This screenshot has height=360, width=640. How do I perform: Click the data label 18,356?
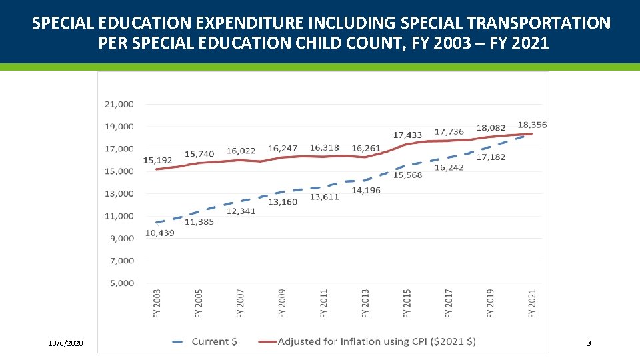click(x=532, y=125)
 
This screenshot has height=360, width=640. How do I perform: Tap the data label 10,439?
click(x=159, y=233)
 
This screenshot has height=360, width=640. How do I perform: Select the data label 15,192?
click(x=157, y=160)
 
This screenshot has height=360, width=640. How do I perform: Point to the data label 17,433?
click(x=407, y=135)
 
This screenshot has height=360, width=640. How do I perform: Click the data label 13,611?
click(x=324, y=197)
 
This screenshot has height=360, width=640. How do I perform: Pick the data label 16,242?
click(x=449, y=167)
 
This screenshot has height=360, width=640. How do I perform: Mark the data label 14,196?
click(x=366, y=191)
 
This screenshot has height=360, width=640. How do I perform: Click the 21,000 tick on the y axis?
click(x=119, y=104)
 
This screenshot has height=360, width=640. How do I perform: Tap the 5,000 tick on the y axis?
click(x=121, y=283)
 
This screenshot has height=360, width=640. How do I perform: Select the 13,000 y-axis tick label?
click(x=119, y=194)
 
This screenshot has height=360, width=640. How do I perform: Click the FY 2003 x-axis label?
click(x=157, y=303)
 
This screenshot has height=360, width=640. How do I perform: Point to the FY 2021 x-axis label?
click(x=532, y=303)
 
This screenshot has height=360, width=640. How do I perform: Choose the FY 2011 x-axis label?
click(x=324, y=303)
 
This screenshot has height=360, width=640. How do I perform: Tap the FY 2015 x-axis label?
click(x=407, y=303)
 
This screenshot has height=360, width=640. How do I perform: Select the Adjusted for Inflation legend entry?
click(x=377, y=341)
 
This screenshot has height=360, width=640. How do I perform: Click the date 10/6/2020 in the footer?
click(x=65, y=343)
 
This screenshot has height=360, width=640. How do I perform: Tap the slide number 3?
click(x=588, y=343)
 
